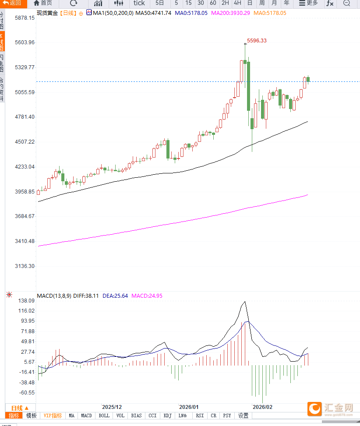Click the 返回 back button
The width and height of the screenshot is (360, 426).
pyautogui.click(x=12, y=3)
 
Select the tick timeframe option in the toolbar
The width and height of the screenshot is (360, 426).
pyautogui.click(x=139, y=3)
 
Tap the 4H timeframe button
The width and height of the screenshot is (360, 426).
pyautogui.click(x=237, y=3)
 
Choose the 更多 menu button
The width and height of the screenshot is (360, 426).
pyautogui.click(x=308, y=3)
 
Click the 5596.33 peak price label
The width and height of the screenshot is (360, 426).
pyautogui.click(x=257, y=41)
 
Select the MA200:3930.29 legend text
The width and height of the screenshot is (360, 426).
pyautogui.click(x=230, y=13)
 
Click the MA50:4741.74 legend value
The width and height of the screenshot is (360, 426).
pyautogui.click(x=153, y=13)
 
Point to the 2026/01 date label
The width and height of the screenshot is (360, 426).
pyautogui.click(x=189, y=407)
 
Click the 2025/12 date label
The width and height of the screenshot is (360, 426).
pyautogui.click(x=112, y=407)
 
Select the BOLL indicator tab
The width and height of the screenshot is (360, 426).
pyautogui.click(x=104, y=415)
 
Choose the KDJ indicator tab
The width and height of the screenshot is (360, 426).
pyautogui.click(x=167, y=415)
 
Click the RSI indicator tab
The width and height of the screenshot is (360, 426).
pyautogui.click(x=200, y=415)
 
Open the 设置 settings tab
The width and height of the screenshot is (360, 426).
pyautogui.click(x=243, y=415)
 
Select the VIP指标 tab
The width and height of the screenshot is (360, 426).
pyautogui.click(x=53, y=415)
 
